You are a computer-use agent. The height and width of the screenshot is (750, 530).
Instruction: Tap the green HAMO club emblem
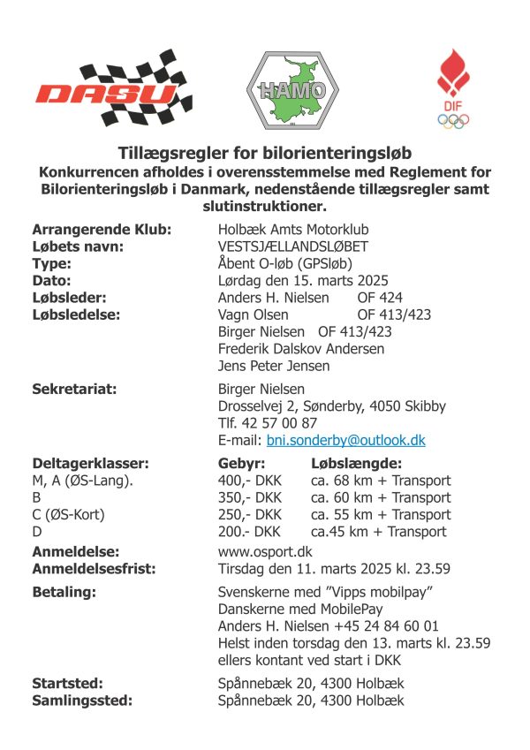click(x=286, y=87)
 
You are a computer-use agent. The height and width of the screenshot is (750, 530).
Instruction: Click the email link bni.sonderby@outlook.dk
click(x=346, y=439)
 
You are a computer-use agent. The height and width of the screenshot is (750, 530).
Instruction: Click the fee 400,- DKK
click(x=250, y=481)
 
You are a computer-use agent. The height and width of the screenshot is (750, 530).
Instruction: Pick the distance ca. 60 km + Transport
click(x=381, y=498)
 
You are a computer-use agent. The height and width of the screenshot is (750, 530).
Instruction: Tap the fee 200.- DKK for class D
click(x=249, y=532)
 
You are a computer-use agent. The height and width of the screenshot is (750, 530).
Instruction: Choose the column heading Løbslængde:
click(x=356, y=464)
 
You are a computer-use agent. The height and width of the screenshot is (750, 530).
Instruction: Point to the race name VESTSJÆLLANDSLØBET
click(x=293, y=246)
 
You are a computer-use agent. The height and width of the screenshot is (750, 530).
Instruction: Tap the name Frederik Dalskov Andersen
click(x=301, y=349)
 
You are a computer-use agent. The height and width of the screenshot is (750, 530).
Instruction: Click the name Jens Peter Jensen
click(x=274, y=366)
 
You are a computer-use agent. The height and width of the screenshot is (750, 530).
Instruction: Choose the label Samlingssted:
click(x=82, y=701)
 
